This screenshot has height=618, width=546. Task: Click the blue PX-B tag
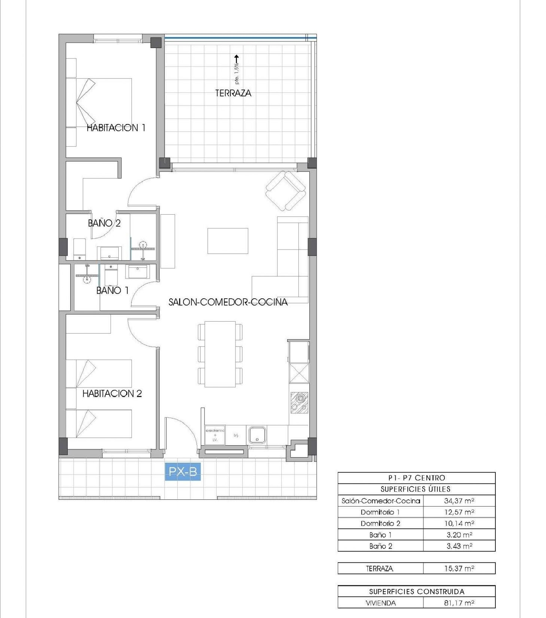[183, 471]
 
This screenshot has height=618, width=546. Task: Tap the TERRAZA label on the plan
[233, 93]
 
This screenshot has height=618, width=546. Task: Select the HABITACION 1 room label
[116, 128]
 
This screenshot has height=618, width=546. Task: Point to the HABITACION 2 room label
[112, 393]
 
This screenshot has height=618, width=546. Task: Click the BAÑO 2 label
[104, 223]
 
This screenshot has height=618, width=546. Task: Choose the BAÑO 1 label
[112, 290]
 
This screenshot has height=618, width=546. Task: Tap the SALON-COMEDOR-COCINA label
[228, 302]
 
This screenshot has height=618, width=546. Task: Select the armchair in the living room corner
[286, 191]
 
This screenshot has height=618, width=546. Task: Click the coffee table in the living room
[228, 241]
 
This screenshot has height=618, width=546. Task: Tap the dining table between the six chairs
[220, 354]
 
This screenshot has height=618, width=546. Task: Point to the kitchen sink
[257, 435]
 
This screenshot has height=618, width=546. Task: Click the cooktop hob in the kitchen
[299, 403]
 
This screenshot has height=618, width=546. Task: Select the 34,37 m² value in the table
[459, 501]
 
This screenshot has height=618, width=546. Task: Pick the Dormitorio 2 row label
[380, 523]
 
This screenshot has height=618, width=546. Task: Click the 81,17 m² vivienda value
[459, 603]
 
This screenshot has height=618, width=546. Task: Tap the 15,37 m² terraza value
[459, 568]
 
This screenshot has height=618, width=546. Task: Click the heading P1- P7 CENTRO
[416, 478]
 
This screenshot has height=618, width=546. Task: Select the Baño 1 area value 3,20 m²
[459, 534]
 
